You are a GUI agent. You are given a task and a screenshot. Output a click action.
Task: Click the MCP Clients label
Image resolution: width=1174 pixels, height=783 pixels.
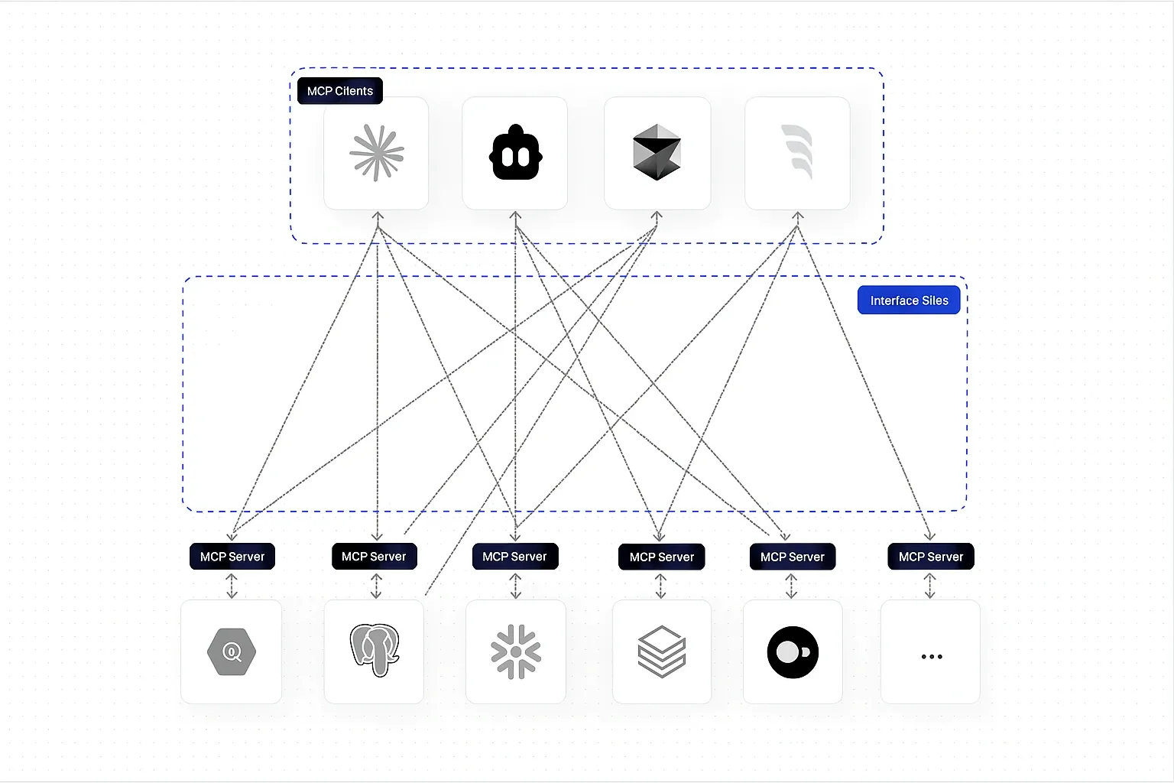340,91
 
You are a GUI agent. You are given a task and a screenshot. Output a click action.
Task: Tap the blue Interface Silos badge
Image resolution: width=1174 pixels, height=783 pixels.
909,301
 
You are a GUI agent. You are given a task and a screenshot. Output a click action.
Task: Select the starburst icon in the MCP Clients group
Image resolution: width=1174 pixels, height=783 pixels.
376,153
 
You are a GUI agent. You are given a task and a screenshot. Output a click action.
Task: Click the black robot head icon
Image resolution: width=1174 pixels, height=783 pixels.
515,154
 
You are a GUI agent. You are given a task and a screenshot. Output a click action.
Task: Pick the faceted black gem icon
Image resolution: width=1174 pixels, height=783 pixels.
657,153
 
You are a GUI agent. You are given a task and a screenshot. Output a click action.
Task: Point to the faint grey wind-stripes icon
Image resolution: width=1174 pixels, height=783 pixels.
797,152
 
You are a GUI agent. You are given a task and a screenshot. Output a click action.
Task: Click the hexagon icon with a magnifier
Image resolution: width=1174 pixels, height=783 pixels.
232,652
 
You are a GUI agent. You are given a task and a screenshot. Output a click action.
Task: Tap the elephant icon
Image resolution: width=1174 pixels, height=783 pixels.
375,650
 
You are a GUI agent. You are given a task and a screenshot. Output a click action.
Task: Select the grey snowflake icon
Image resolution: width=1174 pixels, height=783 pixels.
516,652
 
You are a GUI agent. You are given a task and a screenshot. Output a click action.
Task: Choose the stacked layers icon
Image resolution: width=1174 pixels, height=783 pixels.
662,651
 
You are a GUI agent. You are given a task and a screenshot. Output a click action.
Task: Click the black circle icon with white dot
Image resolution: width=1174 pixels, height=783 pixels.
793,652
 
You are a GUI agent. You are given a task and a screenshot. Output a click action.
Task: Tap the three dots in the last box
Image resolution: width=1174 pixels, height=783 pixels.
931,656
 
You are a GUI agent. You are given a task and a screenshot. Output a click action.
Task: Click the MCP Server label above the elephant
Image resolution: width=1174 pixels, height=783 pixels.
374,557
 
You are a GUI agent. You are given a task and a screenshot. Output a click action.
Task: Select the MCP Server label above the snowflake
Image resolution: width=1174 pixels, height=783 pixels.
515,557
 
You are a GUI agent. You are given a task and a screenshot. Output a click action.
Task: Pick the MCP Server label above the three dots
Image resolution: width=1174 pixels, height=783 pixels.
931,557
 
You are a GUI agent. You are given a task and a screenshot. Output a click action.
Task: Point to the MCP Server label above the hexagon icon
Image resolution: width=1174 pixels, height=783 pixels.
232,557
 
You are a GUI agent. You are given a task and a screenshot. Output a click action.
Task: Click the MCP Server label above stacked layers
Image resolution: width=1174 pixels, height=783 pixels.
662,557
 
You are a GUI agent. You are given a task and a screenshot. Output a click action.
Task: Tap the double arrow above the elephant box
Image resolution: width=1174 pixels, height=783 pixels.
375,586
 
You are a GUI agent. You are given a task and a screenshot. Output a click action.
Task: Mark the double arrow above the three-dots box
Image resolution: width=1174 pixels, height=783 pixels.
930,586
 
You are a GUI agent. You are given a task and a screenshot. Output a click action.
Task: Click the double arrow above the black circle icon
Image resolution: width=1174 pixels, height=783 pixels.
791,586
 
